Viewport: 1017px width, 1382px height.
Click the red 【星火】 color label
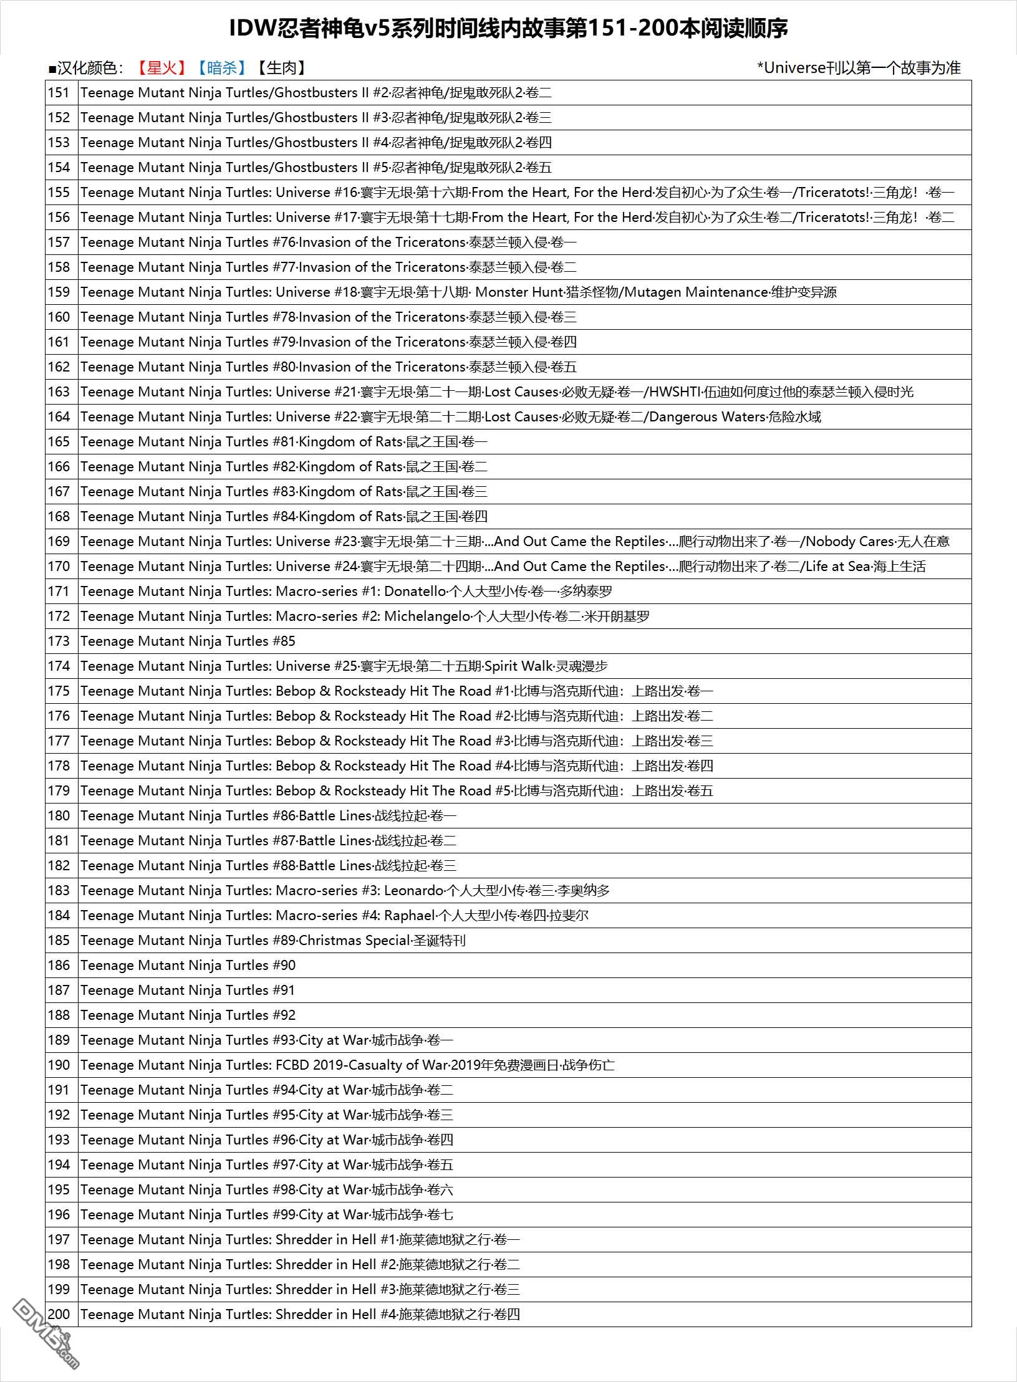(x=161, y=68)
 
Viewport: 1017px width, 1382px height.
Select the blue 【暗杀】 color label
(x=221, y=68)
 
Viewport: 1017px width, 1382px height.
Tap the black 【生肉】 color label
(x=281, y=68)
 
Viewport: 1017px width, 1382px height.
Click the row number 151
(x=59, y=93)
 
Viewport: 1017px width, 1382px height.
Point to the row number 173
(x=59, y=641)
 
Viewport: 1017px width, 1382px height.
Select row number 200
(x=59, y=1315)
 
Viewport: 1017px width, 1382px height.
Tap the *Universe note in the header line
(x=859, y=68)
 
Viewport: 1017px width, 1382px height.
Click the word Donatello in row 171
(x=415, y=592)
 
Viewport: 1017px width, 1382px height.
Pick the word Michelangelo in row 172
(x=427, y=617)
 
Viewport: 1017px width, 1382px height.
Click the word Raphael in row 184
(x=409, y=916)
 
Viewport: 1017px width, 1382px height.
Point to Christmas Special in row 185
(x=355, y=941)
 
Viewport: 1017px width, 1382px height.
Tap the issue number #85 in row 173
(x=284, y=641)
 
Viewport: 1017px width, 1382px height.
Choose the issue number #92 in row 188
(x=284, y=1015)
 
